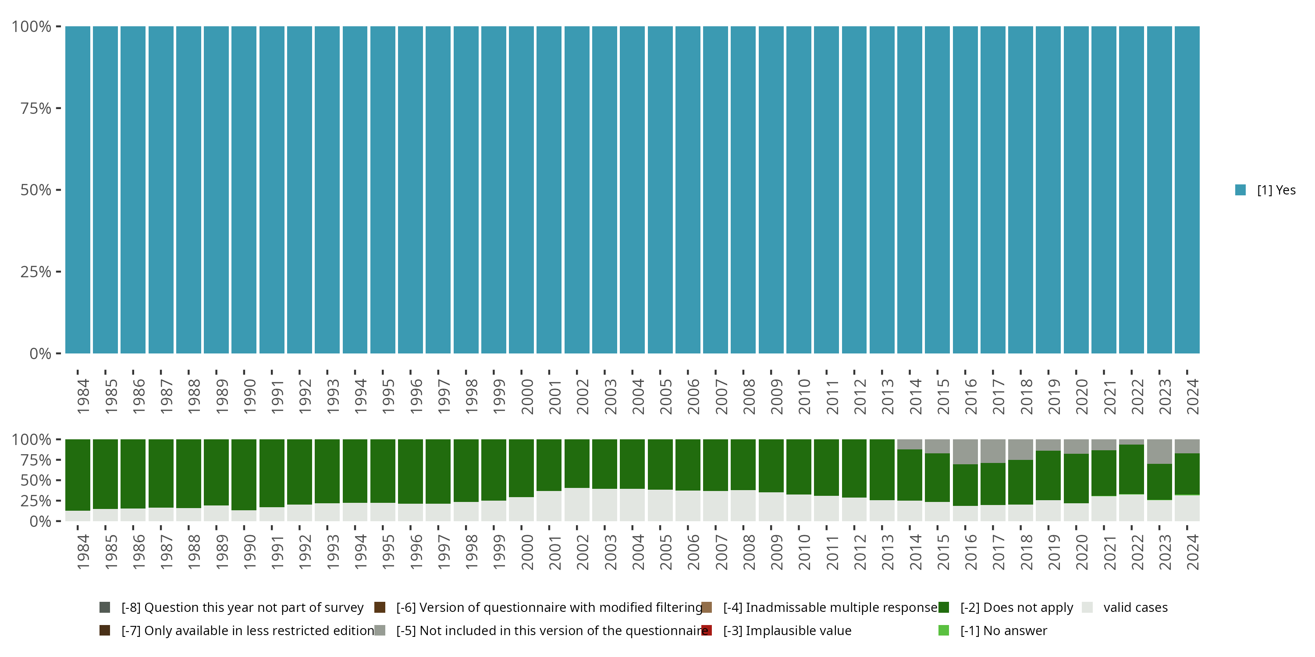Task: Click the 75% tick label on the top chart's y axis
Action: point(36,109)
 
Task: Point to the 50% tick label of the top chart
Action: point(36,190)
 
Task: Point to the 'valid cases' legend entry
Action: point(1135,608)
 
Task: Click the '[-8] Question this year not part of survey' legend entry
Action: point(242,608)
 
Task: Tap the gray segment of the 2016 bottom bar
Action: point(965,452)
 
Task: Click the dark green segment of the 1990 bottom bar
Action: point(244,474)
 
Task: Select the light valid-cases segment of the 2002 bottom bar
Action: point(577,505)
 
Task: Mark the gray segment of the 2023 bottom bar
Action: point(1159,452)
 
